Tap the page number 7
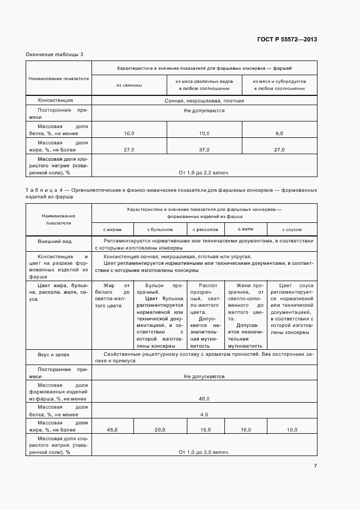click(x=315, y=466)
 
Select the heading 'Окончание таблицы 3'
click(x=54, y=54)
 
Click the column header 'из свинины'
click(x=129, y=85)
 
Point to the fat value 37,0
click(x=204, y=149)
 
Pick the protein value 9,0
click(x=279, y=133)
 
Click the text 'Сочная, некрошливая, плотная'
click(x=204, y=101)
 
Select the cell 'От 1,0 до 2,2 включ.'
click(x=204, y=173)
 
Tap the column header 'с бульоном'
click(x=160, y=229)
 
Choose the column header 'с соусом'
click(x=291, y=229)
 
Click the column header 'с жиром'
click(x=112, y=229)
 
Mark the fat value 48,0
click(x=112, y=430)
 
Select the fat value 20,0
click(x=160, y=430)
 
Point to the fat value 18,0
click(x=291, y=430)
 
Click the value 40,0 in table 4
click(x=204, y=399)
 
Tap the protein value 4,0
click(x=204, y=415)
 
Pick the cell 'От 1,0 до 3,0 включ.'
click(x=204, y=452)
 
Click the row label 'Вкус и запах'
click(x=53, y=354)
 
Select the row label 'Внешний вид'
click(x=54, y=241)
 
